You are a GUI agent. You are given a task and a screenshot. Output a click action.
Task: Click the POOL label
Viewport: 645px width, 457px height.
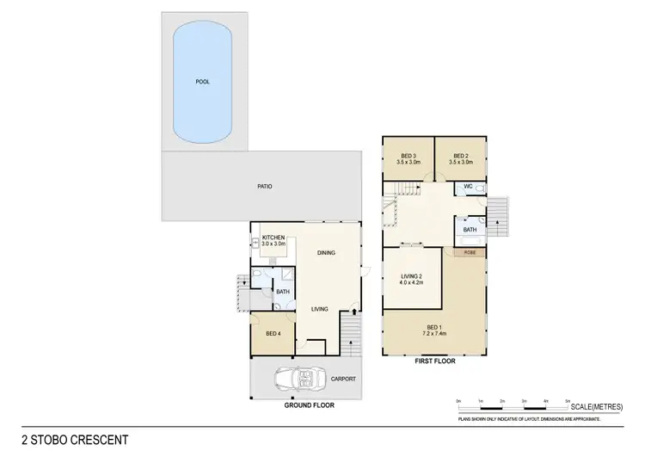click(203, 82)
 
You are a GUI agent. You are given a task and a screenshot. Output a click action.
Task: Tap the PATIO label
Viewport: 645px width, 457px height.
click(265, 186)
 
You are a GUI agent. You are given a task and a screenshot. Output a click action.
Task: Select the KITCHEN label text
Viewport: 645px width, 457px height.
click(273, 238)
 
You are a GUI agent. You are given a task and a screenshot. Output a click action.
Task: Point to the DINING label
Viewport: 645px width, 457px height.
click(326, 252)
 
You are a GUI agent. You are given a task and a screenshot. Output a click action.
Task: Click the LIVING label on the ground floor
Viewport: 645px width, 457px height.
click(319, 309)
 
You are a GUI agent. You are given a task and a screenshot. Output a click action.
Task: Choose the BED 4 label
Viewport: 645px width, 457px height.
click(272, 333)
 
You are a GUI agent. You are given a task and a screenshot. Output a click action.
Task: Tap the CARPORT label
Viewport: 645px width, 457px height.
click(343, 379)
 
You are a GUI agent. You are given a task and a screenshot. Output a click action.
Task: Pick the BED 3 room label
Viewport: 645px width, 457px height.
click(408, 157)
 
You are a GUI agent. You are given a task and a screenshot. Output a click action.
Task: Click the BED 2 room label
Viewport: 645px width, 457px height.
click(460, 157)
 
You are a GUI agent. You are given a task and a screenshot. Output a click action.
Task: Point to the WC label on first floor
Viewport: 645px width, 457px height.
click(469, 187)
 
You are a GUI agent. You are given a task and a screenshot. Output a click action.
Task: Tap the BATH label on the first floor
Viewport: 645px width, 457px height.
click(470, 230)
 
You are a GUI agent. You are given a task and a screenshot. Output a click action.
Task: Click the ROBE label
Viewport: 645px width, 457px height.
click(470, 253)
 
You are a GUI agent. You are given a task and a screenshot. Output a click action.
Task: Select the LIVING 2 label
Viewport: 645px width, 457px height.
click(413, 279)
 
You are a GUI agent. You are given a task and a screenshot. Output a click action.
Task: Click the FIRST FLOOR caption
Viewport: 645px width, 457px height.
click(435, 361)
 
